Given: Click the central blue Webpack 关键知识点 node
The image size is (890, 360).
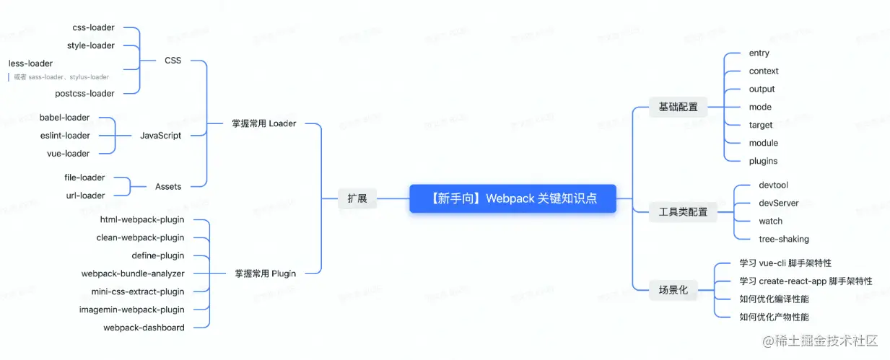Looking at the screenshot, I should pos(512,198).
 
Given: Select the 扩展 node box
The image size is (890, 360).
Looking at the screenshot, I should pos(357,198).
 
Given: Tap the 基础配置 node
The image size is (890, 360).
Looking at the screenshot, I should pos(678,107).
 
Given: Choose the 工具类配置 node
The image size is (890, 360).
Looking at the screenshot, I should pos(683,212).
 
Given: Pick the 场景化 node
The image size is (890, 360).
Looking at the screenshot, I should pos(673,290).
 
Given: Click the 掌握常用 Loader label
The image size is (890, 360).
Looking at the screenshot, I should pos(263,123).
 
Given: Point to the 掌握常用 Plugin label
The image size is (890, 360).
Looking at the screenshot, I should pos(265,273).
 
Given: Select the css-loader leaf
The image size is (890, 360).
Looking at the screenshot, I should pos(93,27).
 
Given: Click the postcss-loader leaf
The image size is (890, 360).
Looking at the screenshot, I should pos(84,93).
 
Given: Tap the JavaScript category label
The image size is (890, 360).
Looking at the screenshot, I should pos(160,135).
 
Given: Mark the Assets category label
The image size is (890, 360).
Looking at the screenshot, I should pos(168,186).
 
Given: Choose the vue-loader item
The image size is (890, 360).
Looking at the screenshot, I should pos(68,153).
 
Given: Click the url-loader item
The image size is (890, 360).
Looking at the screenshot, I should pos(85,196).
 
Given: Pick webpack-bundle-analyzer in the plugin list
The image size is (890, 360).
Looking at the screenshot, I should pos(133,273).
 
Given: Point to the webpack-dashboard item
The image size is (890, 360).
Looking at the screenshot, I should pos(144,328).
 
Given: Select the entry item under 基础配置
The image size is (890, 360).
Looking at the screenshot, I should pos(759,53).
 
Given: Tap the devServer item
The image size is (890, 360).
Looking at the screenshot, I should pos(778,203).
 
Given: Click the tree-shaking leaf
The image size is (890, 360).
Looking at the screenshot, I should pos(783,239).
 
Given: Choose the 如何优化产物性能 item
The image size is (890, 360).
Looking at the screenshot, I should pos(774,317).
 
